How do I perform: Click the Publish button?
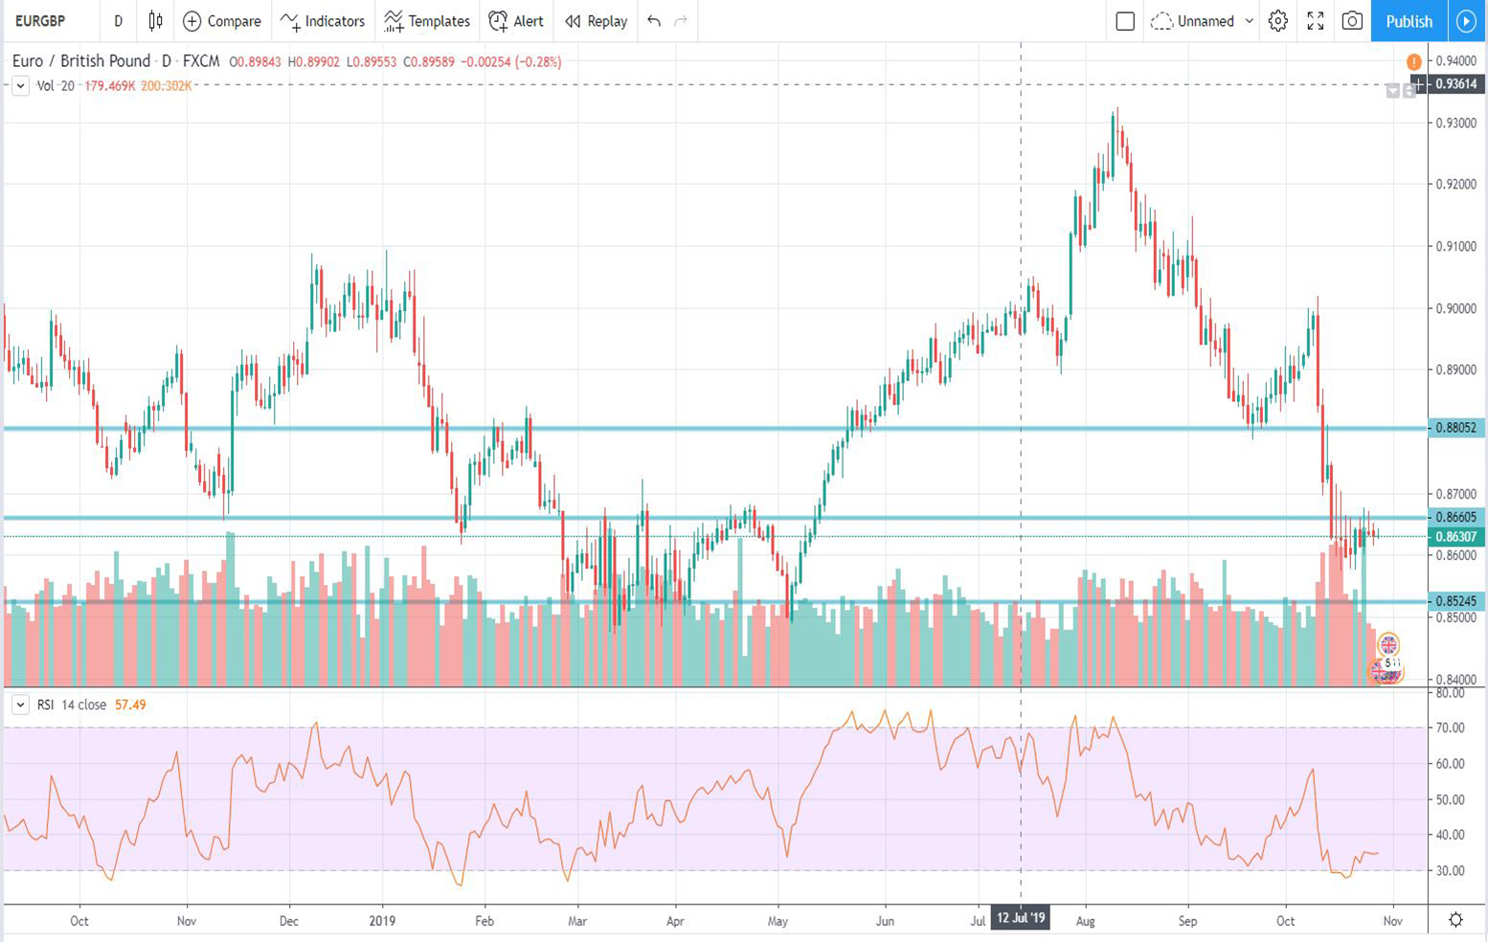point(1409,21)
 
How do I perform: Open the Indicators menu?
point(323,21)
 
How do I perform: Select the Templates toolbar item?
point(427,21)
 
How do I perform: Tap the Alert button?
point(516,21)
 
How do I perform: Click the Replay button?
point(596,21)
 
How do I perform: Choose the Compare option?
point(222,21)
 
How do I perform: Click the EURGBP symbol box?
point(40,21)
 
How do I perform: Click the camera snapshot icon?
point(1352,21)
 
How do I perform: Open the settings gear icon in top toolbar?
point(1278,21)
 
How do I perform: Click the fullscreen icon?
point(1316,21)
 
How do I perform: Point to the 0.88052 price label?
point(1454,428)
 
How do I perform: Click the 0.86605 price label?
point(1454,517)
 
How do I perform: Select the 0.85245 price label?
point(1454,601)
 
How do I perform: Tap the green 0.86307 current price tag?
point(1454,537)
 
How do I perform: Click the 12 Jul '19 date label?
point(1020,919)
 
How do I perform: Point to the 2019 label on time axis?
point(382,921)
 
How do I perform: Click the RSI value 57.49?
point(130,705)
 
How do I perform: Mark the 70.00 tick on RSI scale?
point(1451,728)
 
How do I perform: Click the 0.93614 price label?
point(1454,84)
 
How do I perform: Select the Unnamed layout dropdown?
point(1205,21)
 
